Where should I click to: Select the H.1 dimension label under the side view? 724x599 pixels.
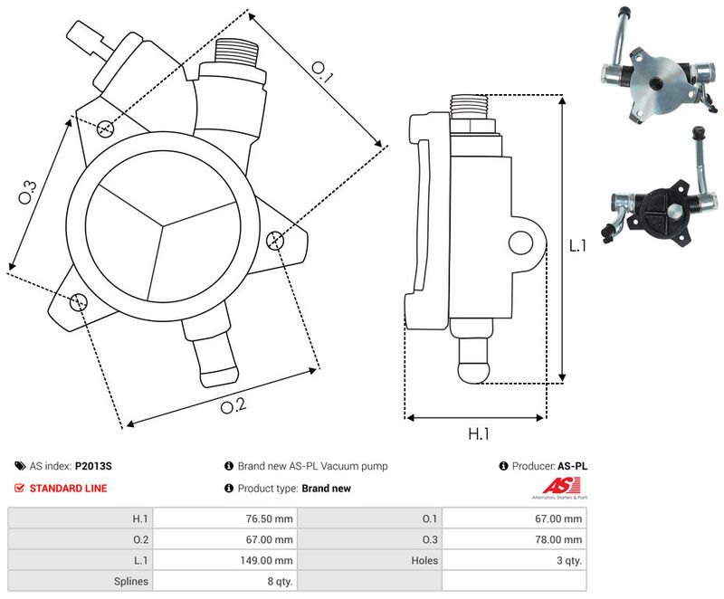[479, 434]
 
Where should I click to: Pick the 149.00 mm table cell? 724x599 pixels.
[271, 560]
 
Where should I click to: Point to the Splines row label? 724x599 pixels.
[132, 582]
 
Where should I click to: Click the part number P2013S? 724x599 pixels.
[93, 467]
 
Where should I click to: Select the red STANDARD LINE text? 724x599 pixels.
[68, 489]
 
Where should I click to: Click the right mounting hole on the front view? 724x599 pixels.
[276, 241]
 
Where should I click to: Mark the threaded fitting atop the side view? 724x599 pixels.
[473, 108]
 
